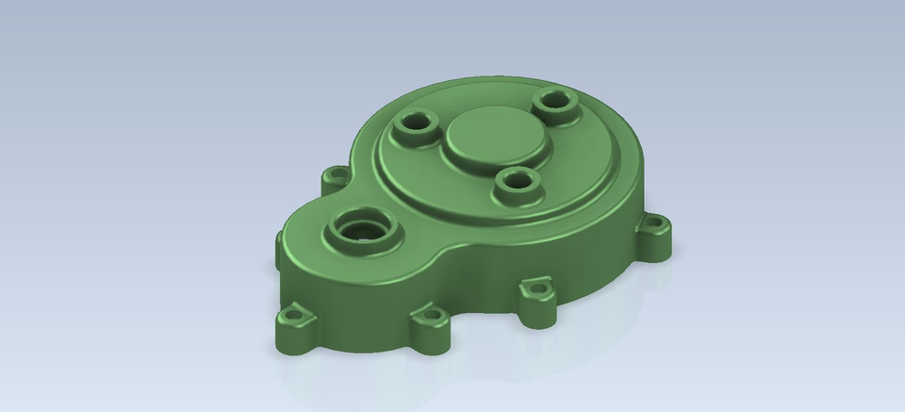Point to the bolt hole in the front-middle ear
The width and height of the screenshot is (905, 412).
pyautogui.click(x=431, y=315)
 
